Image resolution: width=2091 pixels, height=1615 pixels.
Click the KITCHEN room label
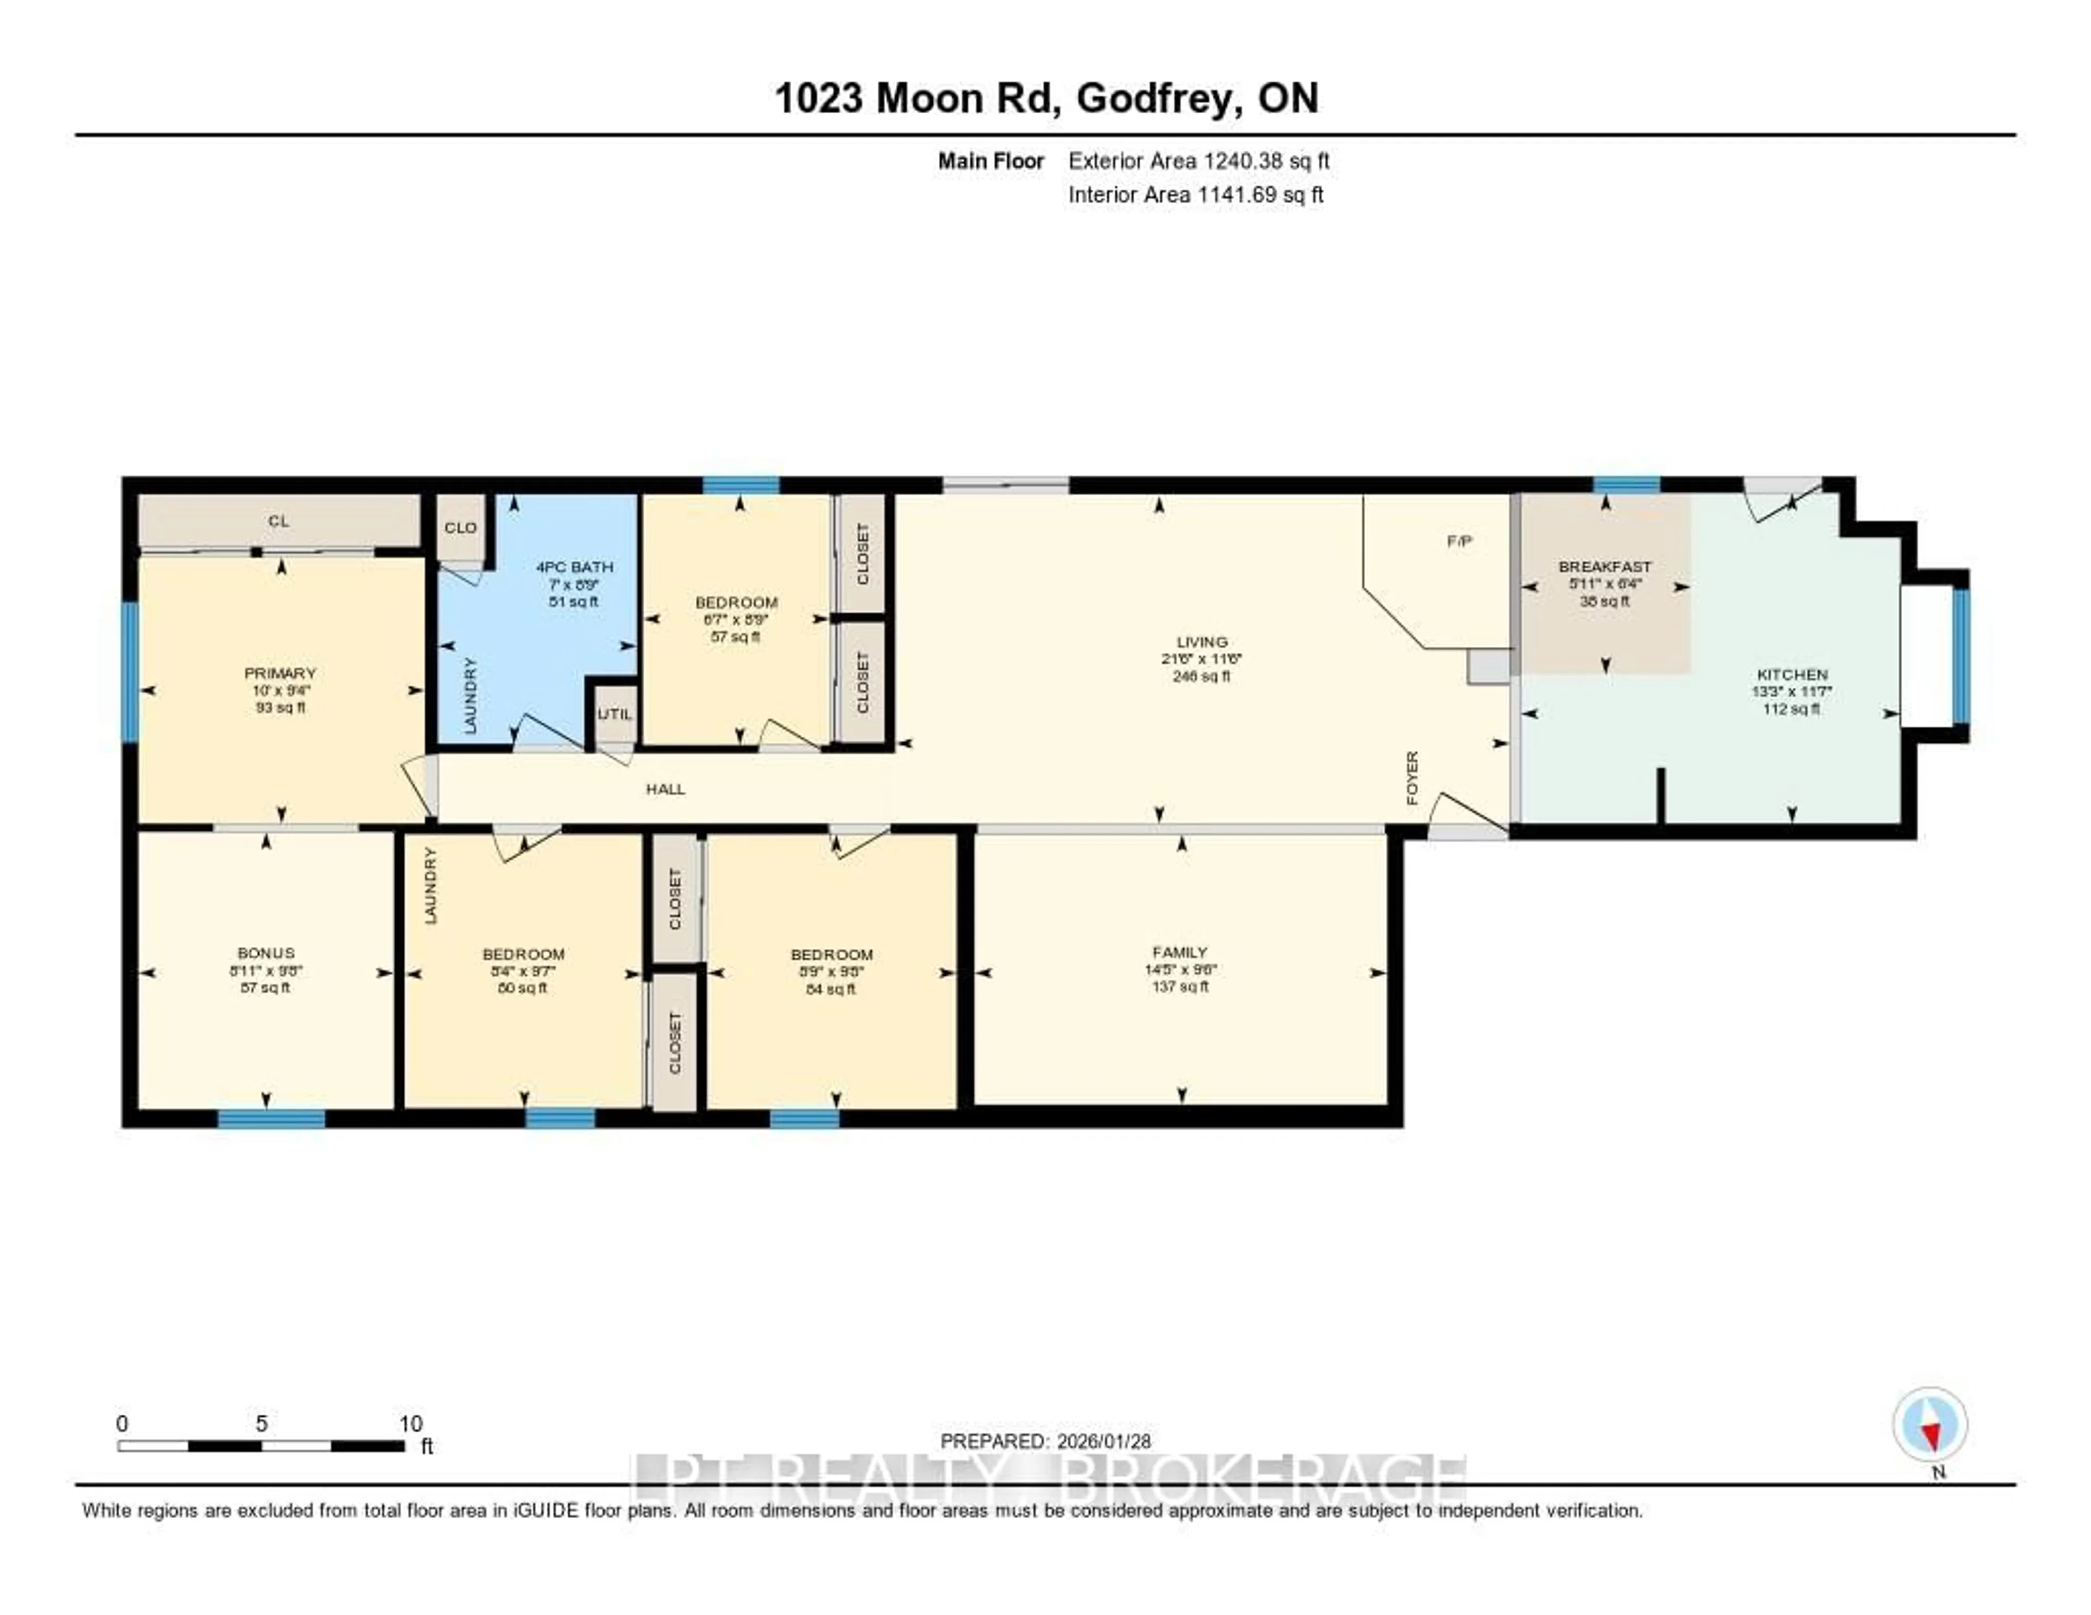[1792, 674]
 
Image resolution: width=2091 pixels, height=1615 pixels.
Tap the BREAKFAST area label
[1605, 567]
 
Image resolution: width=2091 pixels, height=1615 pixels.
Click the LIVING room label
[1202, 641]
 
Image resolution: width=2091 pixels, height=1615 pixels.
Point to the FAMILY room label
[1179, 952]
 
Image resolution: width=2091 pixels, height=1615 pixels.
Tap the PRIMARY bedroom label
[279, 673]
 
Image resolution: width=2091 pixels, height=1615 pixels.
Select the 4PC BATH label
[574, 567]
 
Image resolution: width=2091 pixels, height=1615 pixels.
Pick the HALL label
[665, 789]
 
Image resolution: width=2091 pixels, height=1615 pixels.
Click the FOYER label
[1412, 778]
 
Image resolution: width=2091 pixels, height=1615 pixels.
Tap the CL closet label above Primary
[279, 521]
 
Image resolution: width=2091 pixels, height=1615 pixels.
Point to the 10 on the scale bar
[411, 1423]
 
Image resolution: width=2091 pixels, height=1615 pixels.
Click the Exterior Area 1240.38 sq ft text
[1199, 161]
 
